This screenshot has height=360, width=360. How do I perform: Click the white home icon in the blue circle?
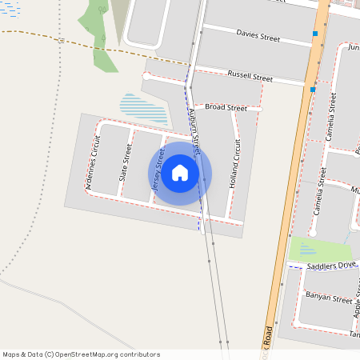tap(180, 172)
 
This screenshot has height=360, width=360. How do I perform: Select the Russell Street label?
tap(250, 77)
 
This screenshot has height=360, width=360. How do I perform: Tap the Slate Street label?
tap(125, 162)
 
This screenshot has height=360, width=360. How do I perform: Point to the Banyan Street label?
tap(329, 298)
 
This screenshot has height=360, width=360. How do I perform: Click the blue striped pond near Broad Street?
tap(144, 108)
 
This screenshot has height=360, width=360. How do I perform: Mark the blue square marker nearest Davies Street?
tap(315, 34)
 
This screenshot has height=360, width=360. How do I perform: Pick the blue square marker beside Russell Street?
tap(313, 90)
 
